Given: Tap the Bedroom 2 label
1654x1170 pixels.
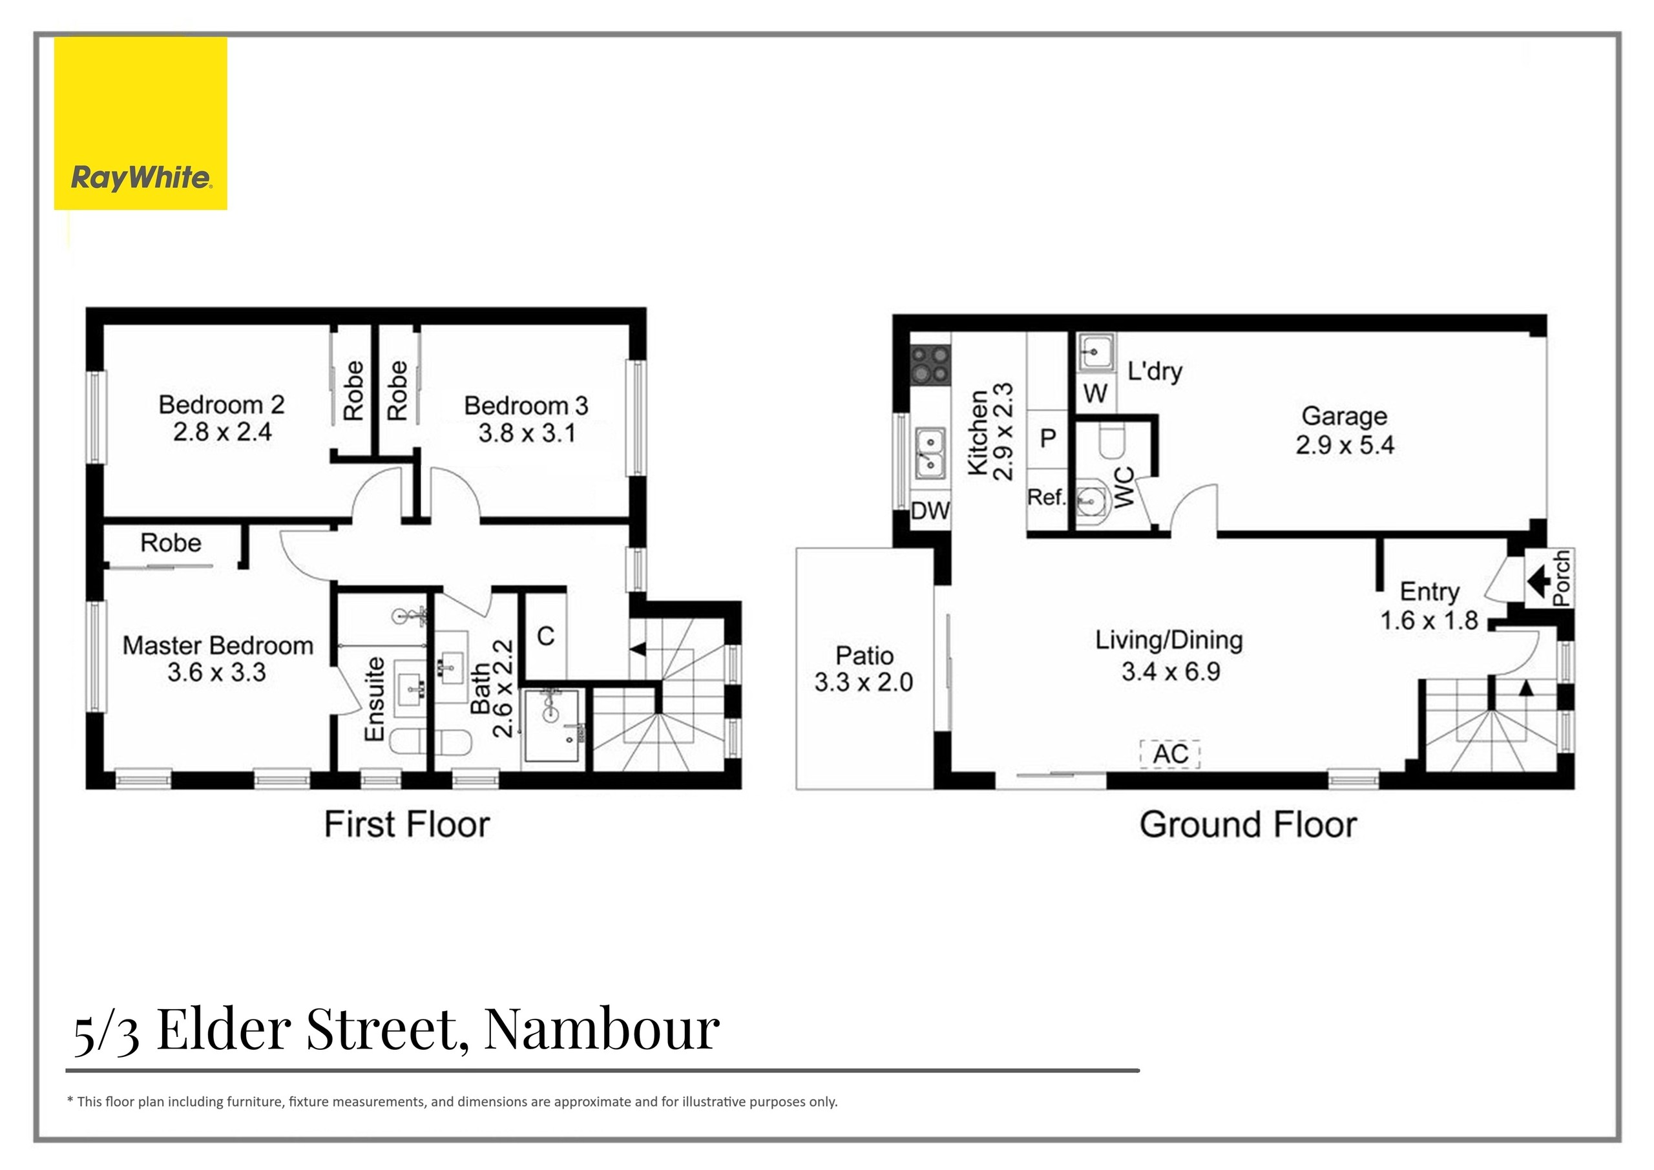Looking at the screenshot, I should pos(222,405).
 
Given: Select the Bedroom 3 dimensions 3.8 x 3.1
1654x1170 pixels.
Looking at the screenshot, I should pos(527,434).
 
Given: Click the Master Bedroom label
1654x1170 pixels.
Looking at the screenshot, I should pos(218,645).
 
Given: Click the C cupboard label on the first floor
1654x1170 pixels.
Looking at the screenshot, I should pos(545,636).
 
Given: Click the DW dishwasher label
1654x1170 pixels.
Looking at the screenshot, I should pos(930,512).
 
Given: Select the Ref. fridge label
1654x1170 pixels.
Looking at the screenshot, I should pos(1046,497).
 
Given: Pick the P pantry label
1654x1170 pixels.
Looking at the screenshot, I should pos(1048,437).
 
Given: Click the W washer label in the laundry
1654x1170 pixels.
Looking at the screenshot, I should pos(1095,394).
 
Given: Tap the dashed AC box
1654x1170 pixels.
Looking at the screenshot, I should pos(1170,753).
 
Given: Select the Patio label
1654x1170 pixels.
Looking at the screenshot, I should pos(864,656).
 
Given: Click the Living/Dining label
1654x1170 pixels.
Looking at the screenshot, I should pos(1169,640).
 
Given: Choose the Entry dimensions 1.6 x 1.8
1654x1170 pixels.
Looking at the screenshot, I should pos(1429,620).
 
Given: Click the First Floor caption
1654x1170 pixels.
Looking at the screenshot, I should pos(407,824).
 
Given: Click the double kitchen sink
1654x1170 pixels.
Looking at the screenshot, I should pos(930,452).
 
